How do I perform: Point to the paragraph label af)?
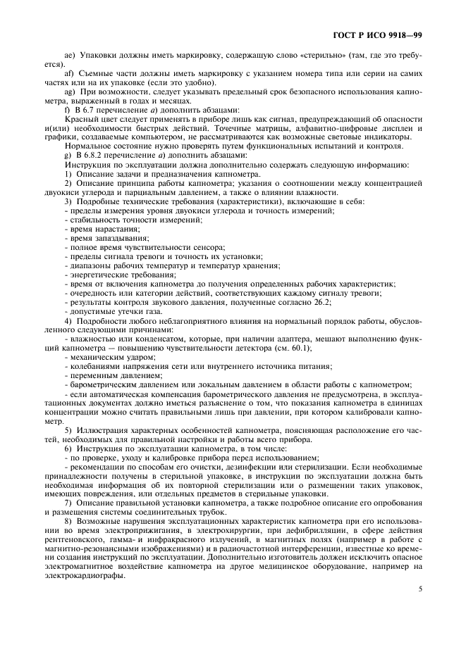tap(70, 73)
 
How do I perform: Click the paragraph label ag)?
tap(70, 92)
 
